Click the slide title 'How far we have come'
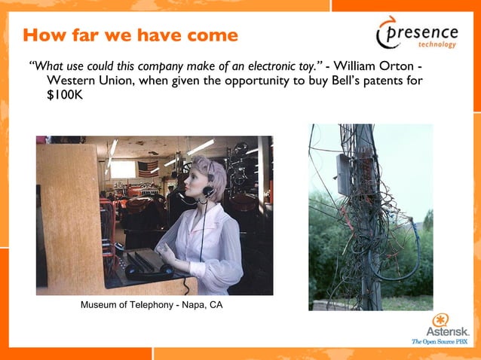tap(130, 35)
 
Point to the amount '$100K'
tap(63, 96)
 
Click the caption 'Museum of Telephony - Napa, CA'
tap(152, 305)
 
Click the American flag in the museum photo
tap(149, 167)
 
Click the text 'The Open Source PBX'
tap(440, 342)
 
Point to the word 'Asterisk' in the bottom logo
tap(448, 331)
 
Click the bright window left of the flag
tap(123, 169)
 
